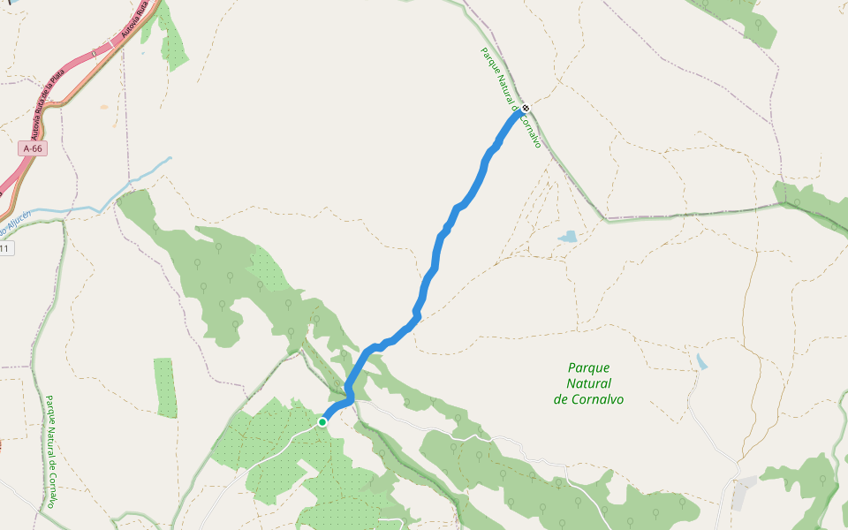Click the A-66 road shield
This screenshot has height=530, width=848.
pyautogui.click(x=33, y=148)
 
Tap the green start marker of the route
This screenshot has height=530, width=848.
pyautogui.click(x=322, y=422)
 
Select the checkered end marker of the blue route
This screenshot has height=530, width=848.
pyautogui.click(x=526, y=108)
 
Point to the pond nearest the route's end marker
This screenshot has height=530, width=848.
pyautogui.click(x=566, y=237)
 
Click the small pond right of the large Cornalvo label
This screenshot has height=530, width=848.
pyautogui.click(x=701, y=361)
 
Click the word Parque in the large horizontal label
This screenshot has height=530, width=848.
pyautogui.click(x=589, y=367)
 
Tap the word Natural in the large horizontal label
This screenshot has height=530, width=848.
pyautogui.click(x=588, y=383)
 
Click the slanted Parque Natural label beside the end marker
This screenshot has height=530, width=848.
pyautogui.click(x=510, y=97)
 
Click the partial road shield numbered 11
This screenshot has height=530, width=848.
pyautogui.click(x=5, y=249)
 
